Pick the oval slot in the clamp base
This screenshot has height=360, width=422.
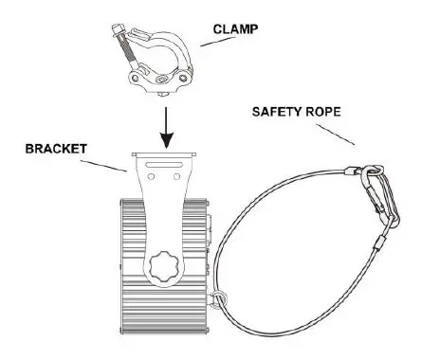point(155,81)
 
